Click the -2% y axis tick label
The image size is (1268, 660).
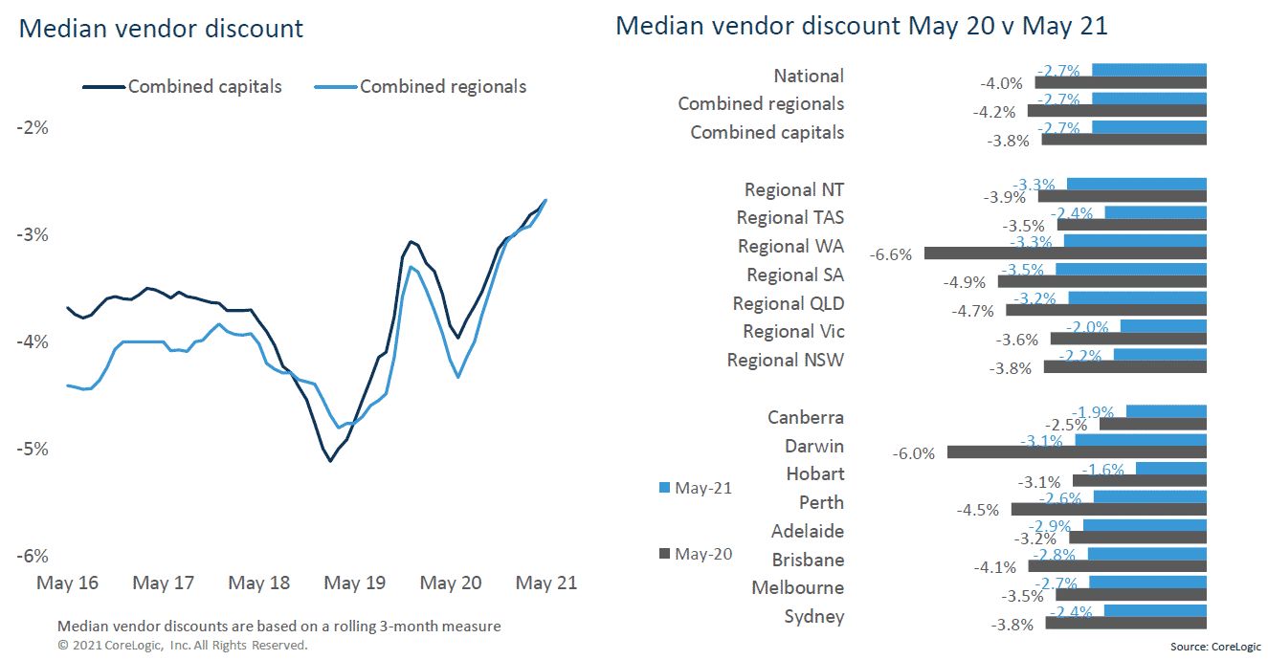[x=32, y=128]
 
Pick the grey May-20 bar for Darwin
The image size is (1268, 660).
[x=1077, y=452]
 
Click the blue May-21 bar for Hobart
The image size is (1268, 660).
[x=1171, y=468]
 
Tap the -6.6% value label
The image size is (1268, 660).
[x=890, y=254]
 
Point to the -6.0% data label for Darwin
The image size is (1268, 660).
[x=913, y=453]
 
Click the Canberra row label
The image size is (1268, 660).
[x=805, y=417]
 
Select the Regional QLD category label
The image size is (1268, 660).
[x=788, y=303]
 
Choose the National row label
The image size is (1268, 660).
[x=809, y=76]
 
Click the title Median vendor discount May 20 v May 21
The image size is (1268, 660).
[x=860, y=26]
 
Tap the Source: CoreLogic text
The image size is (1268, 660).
[x=1214, y=648]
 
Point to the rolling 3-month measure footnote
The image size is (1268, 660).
[x=278, y=627]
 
